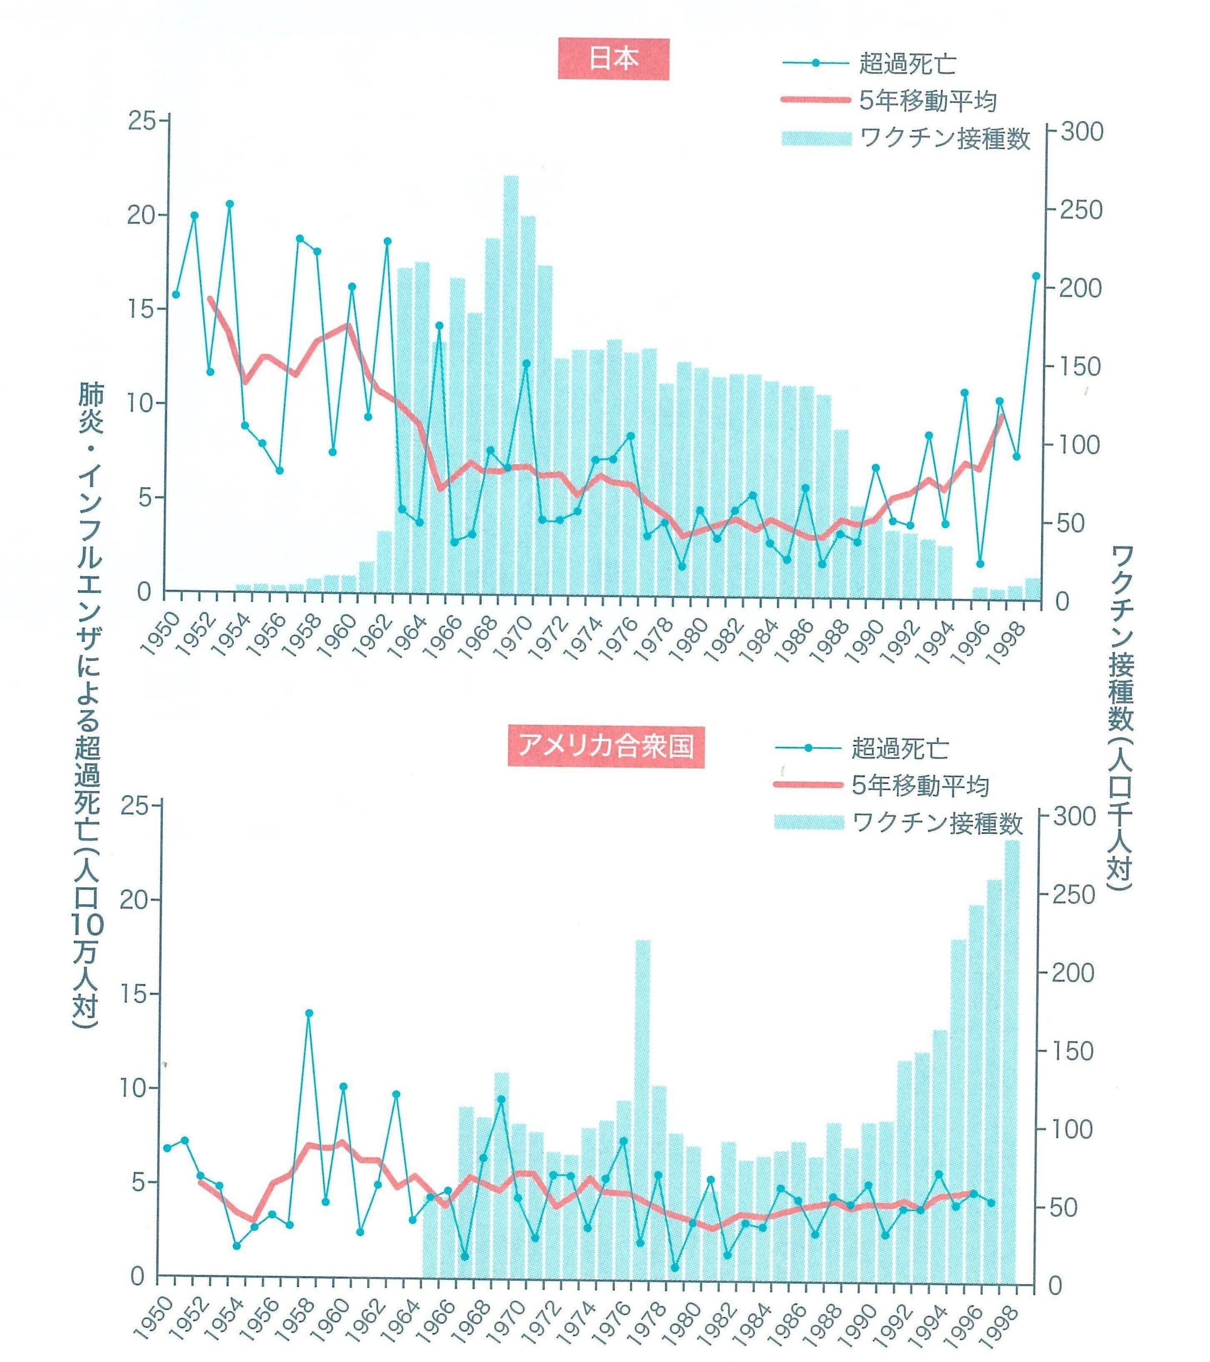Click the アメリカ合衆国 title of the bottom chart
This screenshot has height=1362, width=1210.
606,746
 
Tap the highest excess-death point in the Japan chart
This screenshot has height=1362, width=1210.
229,204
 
